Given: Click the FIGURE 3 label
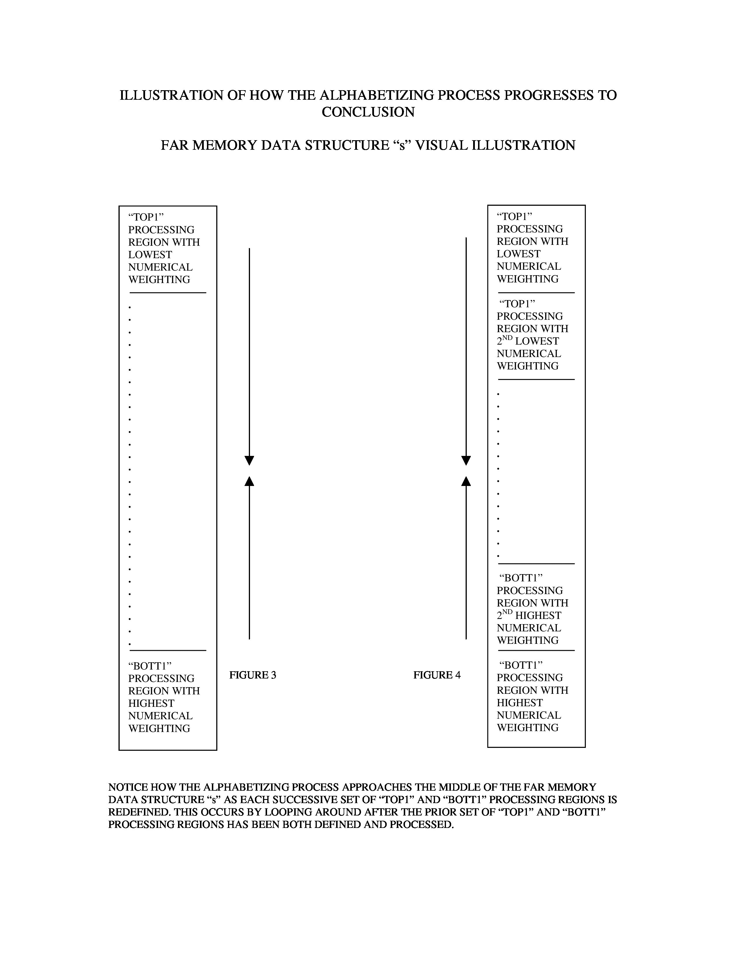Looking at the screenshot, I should coord(252,675).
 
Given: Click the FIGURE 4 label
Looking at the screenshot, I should coord(437,675).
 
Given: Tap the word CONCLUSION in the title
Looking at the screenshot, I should coord(368,112).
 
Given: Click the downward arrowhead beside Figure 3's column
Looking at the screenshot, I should coord(249,461).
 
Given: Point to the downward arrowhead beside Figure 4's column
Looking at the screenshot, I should coord(466,461).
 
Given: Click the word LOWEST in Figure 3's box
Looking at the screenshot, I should coord(150,255).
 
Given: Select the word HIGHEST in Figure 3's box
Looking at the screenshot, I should coord(151,703).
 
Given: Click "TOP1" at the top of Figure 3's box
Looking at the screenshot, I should coord(146,217).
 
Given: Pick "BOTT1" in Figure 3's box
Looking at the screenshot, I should coord(150,666).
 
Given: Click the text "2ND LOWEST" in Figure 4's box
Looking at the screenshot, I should coord(527,341).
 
